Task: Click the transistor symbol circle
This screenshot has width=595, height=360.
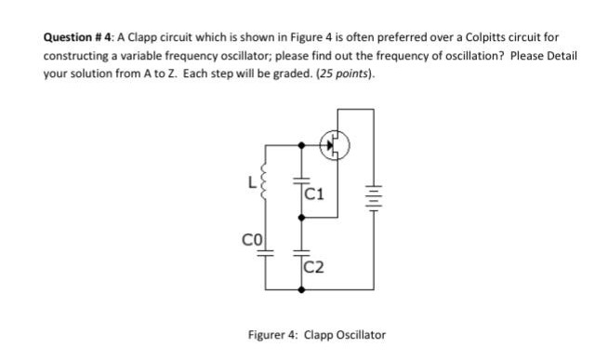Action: (x=335, y=143)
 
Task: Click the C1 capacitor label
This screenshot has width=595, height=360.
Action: (x=313, y=194)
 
